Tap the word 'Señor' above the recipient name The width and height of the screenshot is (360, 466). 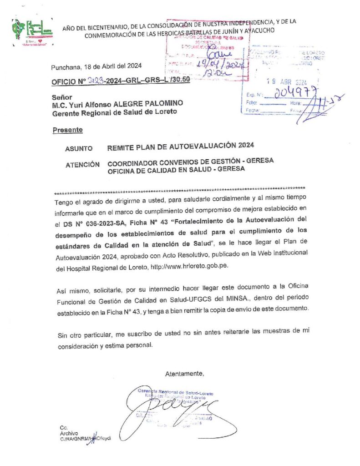[x=62, y=97]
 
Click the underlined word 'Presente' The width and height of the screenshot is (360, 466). [x=67, y=130]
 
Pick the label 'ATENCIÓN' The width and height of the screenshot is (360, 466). [x=82, y=164]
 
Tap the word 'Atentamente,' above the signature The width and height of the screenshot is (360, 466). [x=184, y=374]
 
